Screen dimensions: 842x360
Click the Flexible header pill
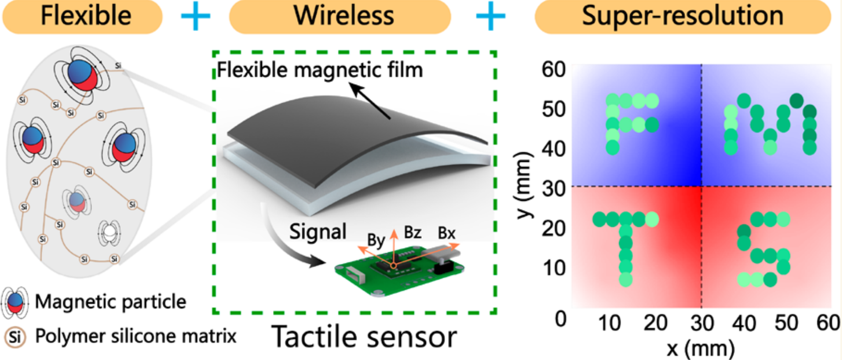tap(83, 16)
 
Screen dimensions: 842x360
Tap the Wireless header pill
tap(340, 16)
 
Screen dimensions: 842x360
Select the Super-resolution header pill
tap(683, 16)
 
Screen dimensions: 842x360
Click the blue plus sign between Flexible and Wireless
tap(196, 16)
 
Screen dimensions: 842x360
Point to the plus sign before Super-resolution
tap(491, 16)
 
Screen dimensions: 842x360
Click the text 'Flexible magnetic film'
tap(320, 70)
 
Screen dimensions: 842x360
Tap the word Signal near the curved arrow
tap(318, 232)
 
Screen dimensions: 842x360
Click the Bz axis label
tap(413, 233)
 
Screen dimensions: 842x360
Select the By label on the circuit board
tap(376, 240)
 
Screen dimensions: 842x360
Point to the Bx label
tap(446, 233)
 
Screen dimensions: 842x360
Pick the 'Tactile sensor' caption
tap(364, 337)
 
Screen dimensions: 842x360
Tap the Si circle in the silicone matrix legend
tap(15, 337)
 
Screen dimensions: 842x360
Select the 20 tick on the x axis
tap(655, 323)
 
